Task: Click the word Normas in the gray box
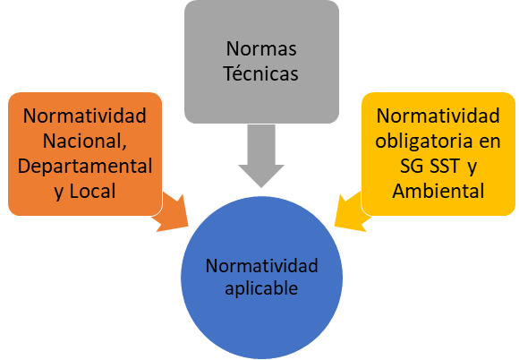pyautogui.click(x=261, y=48)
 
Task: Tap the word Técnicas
pyautogui.click(x=261, y=73)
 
